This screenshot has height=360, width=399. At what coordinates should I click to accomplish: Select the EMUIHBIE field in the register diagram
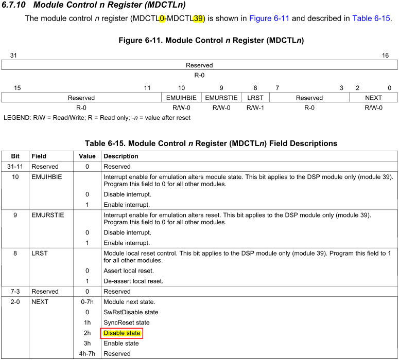click(181, 98)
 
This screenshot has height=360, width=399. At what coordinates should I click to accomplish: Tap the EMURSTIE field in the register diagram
click(221, 98)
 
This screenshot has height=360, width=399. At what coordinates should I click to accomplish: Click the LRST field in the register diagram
click(255, 98)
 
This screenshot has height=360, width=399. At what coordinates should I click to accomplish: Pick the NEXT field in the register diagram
click(373, 98)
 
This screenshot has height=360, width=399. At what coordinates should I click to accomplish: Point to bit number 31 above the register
click(13, 56)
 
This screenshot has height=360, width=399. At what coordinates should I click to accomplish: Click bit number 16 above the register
click(385, 56)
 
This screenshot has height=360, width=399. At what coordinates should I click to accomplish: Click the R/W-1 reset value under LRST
click(255, 108)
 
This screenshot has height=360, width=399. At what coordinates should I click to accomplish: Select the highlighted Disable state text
click(122, 333)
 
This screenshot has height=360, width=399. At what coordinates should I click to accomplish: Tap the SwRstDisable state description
click(131, 312)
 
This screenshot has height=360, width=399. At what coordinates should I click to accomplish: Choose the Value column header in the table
click(87, 156)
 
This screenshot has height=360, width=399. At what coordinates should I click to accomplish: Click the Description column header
click(121, 156)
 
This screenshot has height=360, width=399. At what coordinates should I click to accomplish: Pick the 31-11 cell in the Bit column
click(14, 167)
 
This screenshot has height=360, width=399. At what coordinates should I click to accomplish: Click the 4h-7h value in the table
click(87, 354)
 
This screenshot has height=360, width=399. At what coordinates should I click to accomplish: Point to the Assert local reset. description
click(128, 271)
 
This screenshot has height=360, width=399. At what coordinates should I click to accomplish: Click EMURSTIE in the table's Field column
click(48, 215)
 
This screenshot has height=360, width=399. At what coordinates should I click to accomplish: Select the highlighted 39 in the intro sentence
click(198, 19)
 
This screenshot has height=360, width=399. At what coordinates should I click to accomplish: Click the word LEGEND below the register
click(17, 118)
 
